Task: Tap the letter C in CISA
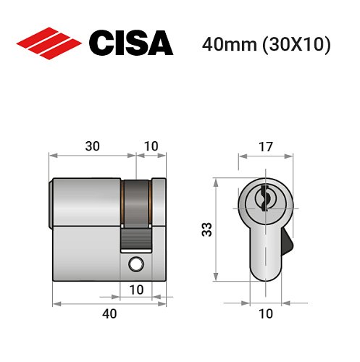coord(101,43)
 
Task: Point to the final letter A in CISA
coord(159,43)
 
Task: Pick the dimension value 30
coord(93,146)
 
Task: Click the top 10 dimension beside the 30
coord(151,146)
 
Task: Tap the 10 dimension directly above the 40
coord(136,290)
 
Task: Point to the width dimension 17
coord(266,146)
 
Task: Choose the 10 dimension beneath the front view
coord(265,313)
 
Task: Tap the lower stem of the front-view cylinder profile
coord(265,250)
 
